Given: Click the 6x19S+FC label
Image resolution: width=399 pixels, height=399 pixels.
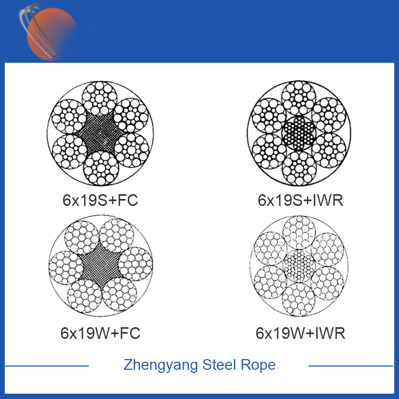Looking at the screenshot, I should (100, 201).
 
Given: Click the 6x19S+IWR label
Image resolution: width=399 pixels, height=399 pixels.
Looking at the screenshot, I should (300, 201).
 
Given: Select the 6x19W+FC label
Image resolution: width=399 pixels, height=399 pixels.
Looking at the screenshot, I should (100, 334).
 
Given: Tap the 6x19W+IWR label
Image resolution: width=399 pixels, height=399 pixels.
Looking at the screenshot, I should (301, 334).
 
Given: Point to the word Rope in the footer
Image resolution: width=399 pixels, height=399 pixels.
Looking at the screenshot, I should (259, 365).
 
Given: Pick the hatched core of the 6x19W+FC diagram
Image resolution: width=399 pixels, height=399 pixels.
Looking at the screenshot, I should (100, 265).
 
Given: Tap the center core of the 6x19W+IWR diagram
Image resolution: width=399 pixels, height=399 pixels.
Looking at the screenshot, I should (301, 265).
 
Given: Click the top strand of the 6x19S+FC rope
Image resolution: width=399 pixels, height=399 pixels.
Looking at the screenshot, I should (100, 98).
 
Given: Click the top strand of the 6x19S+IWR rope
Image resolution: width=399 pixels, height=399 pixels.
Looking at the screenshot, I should (301, 97).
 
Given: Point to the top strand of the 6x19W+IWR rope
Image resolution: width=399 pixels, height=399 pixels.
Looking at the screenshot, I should (301, 232).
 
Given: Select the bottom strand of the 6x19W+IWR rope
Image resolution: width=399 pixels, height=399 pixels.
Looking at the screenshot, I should (301, 299).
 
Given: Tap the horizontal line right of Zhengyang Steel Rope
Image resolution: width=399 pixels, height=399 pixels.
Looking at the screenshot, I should (351, 366).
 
